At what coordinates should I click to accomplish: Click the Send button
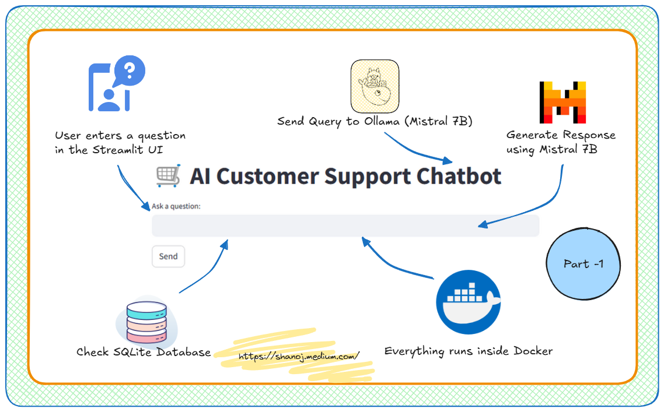pyautogui.click(x=168, y=256)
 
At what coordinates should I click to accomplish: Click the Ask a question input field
pyautogui.click(x=345, y=226)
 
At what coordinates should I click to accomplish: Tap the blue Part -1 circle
pyautogui.click(x=583, y=263)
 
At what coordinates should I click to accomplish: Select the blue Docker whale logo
pyautogui.click(x=468, y=302)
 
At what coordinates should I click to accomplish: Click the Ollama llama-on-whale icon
pyautogui.click(x=375, y=86)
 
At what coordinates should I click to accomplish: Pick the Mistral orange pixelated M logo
pyautogui.click(x=562, y=102)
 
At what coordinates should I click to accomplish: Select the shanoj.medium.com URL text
pyautogui.click(x=299, y=355)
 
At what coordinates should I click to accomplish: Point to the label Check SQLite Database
pyautogui.click(x=144, y=352)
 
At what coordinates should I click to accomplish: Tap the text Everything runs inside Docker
pyautogui.click(x=469, y=351)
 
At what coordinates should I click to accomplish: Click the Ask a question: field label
pyautogui.click(x=176, y=206)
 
